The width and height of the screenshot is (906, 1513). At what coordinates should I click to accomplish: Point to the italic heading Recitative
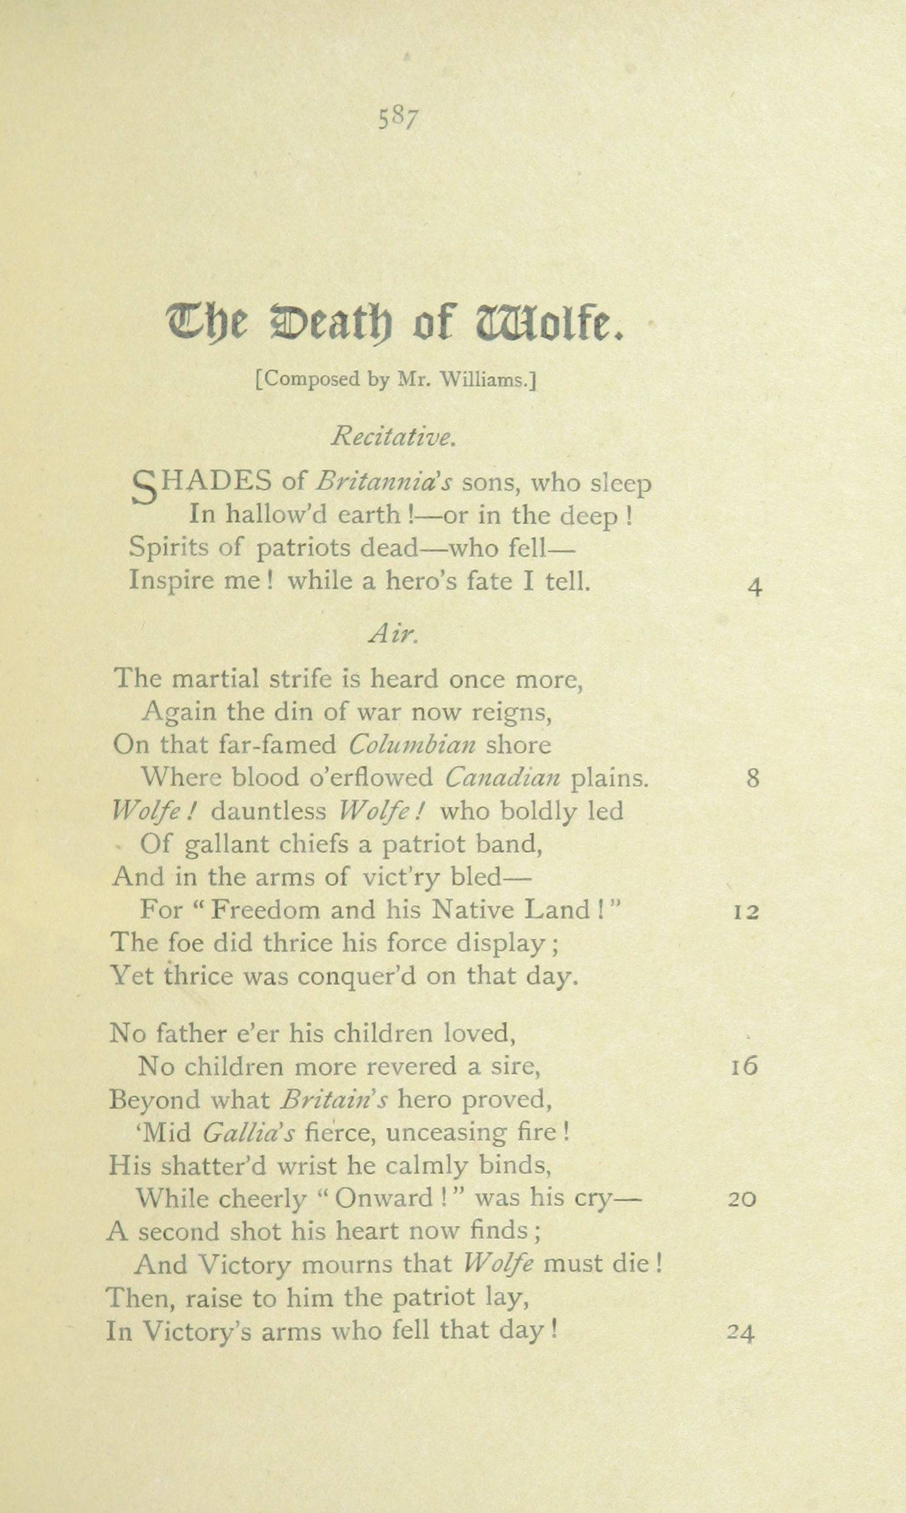[x=393, y=436]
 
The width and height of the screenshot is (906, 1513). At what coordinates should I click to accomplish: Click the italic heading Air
[x=393, y=632]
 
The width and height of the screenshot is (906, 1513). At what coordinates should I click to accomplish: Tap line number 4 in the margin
[x=754, y=588]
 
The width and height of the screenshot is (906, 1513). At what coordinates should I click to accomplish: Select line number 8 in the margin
[x=753, y=778]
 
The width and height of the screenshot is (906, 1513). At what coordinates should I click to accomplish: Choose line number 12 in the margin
[x=746, y=911]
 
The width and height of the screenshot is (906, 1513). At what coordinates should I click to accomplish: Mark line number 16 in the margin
[x=745, y=1067]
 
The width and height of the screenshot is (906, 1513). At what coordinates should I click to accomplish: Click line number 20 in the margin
[x=742, y=1199]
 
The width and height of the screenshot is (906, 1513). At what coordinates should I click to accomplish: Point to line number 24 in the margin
[x=741, y=1332]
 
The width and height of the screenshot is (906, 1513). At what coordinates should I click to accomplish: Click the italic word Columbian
[x=413, y=744]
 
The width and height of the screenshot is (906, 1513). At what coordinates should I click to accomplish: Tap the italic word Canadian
[x=502, y=778]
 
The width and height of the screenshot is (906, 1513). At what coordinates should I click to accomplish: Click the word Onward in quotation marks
[x=383, y=1199]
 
